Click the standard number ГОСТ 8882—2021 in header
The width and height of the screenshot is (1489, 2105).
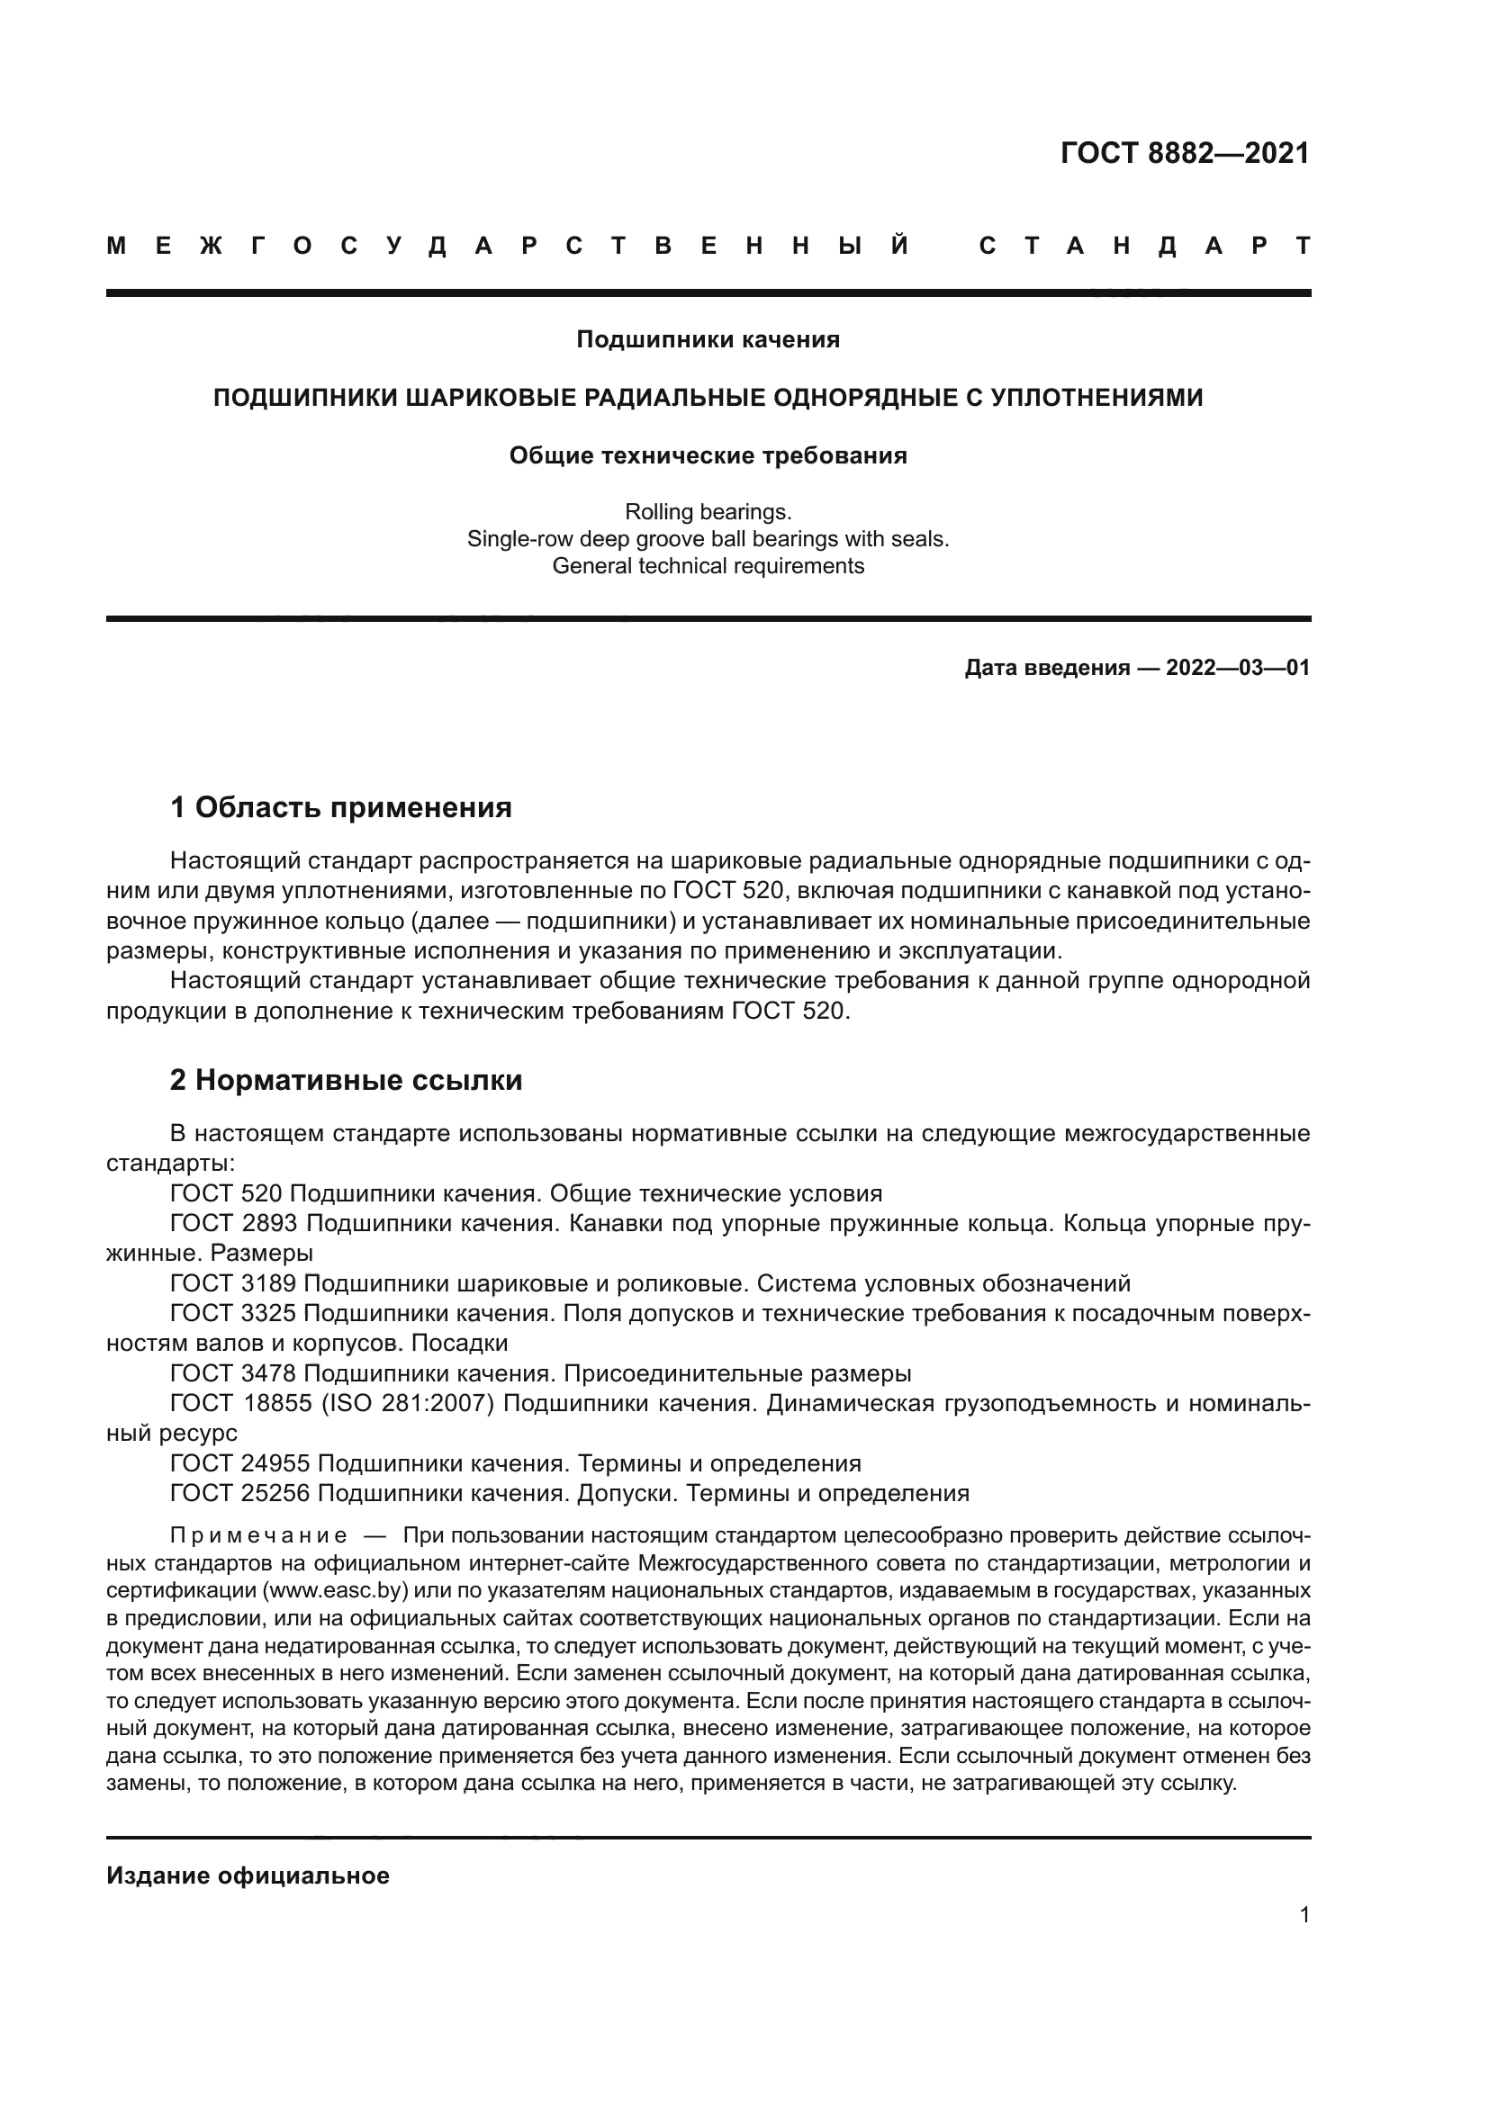tap(1185, 153)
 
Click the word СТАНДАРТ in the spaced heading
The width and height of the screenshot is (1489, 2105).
tap(1144, 246)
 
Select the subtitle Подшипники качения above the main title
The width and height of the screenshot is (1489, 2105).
tap(708, 339)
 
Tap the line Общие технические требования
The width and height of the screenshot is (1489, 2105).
tap(708, 455)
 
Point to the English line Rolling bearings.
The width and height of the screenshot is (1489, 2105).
tap(708, 511)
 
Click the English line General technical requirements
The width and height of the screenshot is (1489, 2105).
tap(708, 566)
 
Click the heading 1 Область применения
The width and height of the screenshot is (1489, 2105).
tap(340, 807)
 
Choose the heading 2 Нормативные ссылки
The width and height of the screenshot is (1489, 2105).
tap(346, 1080)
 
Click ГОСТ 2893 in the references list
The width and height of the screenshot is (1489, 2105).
tap(233, 1224)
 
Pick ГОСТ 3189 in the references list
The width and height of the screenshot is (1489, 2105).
tap(233, 1282)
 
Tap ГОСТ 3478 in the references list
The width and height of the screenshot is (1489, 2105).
tap(233, 1373)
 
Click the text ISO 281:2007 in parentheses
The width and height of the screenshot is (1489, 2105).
tap(407, 1404)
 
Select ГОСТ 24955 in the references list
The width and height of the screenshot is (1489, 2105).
tap(240, 1463)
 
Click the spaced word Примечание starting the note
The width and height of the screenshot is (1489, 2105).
tap(257, 1535)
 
